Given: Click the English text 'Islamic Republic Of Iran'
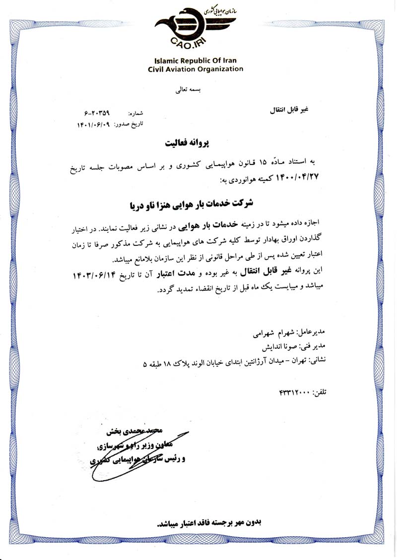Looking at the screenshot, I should pyautogui.click(x=196, y=60).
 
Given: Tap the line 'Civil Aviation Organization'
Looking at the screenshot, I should pyautogui.click(x=196, y=69).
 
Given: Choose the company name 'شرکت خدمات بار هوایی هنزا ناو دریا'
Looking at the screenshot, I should pyautogui.click(x=191, y=203).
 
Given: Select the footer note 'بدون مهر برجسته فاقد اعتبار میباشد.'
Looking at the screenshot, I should pyautogui.click(x=208, y=522).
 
